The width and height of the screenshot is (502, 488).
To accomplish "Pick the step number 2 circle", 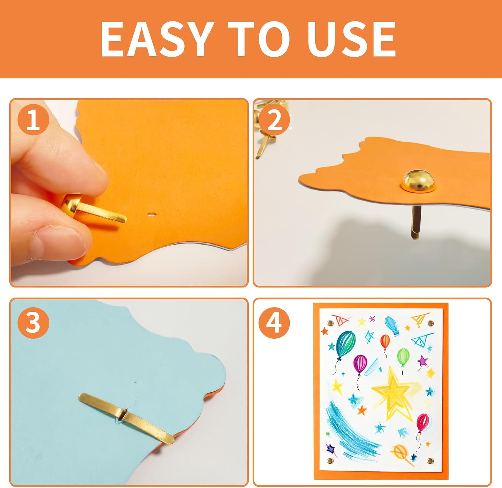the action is pyautogui.click(x=274, y=119).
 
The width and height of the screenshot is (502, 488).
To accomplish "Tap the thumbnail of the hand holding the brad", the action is pyautogui.click(x=129, y=193).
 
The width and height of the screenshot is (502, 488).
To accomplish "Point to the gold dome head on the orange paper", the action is pyautogui.click(x=418, y=181).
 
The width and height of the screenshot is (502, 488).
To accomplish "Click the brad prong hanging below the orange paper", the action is pyautogui.click(x=414, y=222).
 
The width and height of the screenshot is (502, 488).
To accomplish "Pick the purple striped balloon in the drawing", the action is pyautogui.click(x=360, y=364).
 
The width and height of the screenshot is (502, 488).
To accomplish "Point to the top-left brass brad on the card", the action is pyautogui.click(x=330, y=324).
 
